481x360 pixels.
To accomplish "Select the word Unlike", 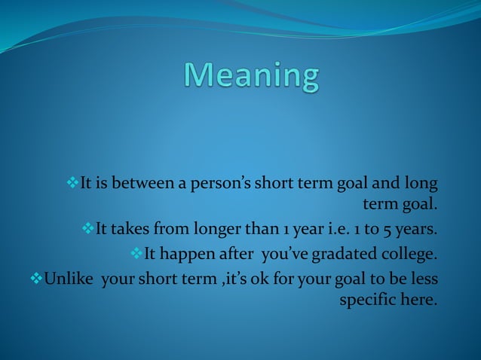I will pyautogui.click(x=69, y=278).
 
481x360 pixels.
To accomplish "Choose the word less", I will pyautogui.click(x=423, y=278).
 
